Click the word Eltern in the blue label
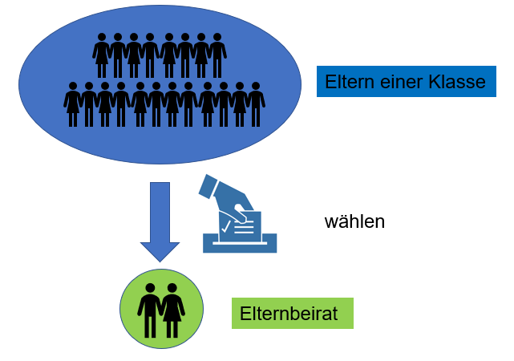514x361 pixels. pyautogui.click(x=346, y=82)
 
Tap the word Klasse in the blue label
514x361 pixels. pyautogui.click(x=457, y=82)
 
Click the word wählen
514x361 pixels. pyautogui.click(x=354, y=221)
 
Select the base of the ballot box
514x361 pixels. pyautogui.click(x=240, y=244)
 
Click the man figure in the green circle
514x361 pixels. pyautogui.click(x=150, y=310)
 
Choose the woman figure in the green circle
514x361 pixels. pyautogui.click(x=172, y=310)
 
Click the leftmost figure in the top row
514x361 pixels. pyautogui.click(x=102, y=55)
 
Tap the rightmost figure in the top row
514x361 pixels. pyautogui.click(x=217, y=55)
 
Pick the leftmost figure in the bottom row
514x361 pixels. pyautogui.click(x=73, y=103)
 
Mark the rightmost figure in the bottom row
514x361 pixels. pyautogui.click(x=256, y=103)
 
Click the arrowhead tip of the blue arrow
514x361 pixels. pyautogui.click(x=160, y=258)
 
